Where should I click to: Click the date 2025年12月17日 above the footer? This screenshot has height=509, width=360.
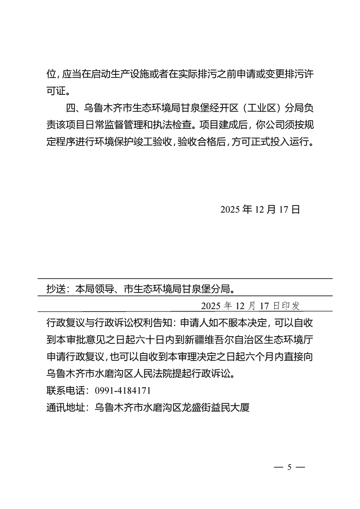click(260, 209)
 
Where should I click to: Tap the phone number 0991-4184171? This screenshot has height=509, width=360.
click(123, 390)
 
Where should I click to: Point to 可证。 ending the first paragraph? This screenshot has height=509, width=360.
click(59, 91)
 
